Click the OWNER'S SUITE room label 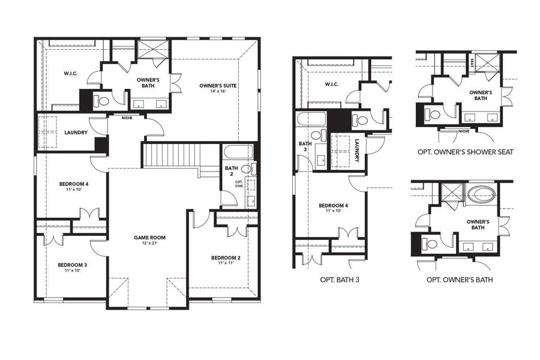point(218,86)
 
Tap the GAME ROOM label point(149,238)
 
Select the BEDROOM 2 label point(226,258)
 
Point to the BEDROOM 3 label point(73,265)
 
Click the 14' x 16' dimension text point(218,92)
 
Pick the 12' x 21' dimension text point(149,244)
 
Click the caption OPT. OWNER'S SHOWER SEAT point(465,152)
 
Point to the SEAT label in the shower point(473,61)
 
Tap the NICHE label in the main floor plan point(127,118)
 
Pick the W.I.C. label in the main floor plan point(71,74)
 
